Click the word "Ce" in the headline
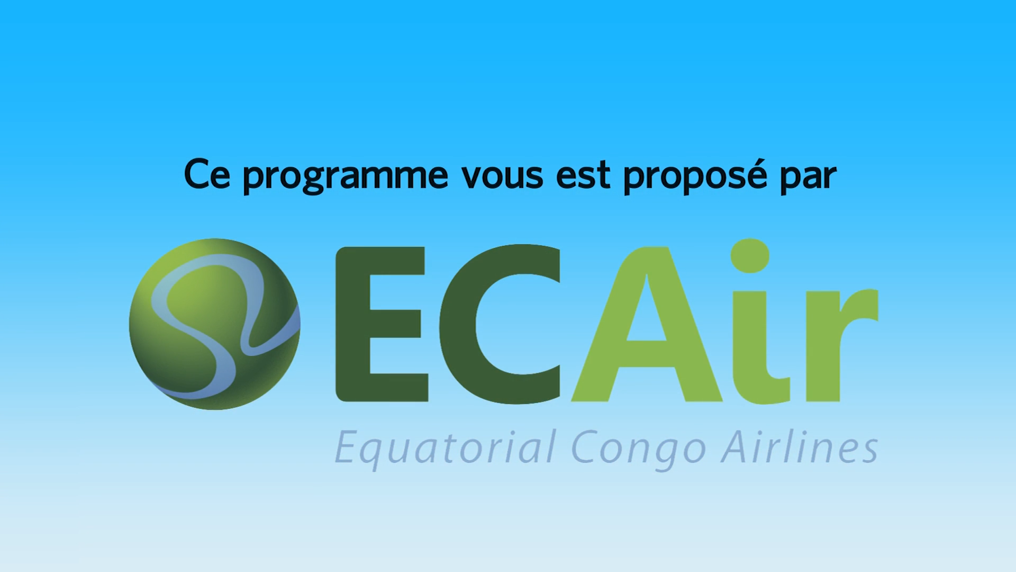(x=207, y=174)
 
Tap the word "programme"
(x=346, y=177)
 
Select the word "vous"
(x=502, y=176)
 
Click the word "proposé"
(x=695, y=176)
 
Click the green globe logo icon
(x=215, y=324)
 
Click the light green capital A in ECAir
(x=647, y=324)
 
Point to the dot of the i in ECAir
(x=750, y=256)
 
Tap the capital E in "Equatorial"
(x=349, y=447)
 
